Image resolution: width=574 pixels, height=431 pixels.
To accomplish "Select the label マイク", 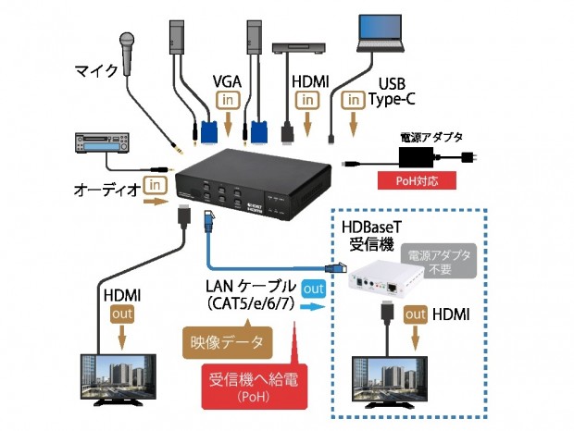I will point(94,69).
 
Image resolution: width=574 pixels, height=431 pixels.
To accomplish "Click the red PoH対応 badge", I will point(416,180).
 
